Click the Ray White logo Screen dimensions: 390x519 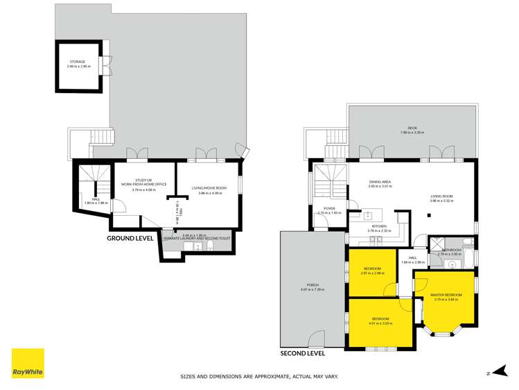[x=28, y=364]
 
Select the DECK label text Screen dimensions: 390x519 [x=412, y=128]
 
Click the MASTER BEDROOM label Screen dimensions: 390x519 [x=446, y=296]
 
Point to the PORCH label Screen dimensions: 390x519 [x=313, y=285]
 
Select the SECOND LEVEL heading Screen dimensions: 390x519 [x=302, y=353]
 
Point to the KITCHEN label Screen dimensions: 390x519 [x=380, y=227]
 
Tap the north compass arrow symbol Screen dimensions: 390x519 [x=489, y=373]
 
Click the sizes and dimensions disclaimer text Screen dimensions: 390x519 [x=259, y=377]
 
